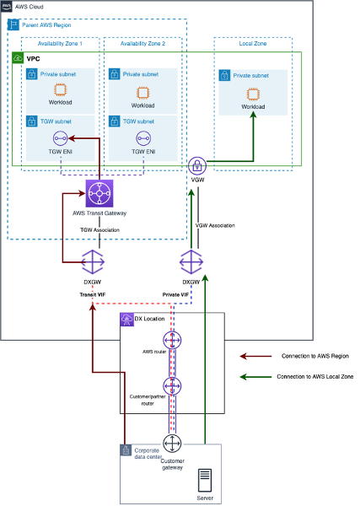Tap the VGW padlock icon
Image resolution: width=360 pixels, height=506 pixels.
pyautogui.click(x=197, y=164)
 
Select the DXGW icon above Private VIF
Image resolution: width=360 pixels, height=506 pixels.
pyautogui.click(x=191, y=261)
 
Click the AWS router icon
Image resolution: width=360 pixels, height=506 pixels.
pyautogui.click(x=173, y=341)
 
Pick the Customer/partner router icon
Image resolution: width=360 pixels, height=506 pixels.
pyautogui.click(x=173, y=387)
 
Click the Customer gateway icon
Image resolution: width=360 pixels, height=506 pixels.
pyautogui.click(x=173, y=444)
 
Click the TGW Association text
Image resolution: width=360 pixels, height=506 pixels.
pyautogui.click(x=99, y=229)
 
